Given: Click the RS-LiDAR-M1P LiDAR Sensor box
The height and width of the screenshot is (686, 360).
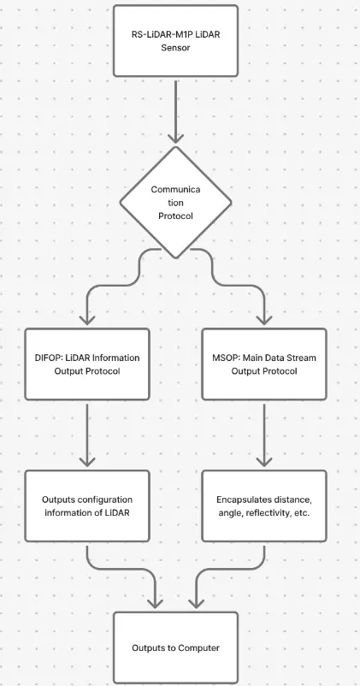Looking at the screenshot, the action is (175, 41).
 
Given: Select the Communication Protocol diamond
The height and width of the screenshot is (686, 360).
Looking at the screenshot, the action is (175, 202).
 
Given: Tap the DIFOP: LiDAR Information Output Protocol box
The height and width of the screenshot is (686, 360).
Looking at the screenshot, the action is (87, 364).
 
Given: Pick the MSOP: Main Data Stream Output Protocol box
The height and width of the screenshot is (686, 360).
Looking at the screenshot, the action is (264, 364).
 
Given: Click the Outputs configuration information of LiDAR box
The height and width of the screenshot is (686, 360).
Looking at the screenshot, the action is (87, 506).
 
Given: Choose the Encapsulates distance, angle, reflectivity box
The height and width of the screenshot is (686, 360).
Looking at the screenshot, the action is (264, 506).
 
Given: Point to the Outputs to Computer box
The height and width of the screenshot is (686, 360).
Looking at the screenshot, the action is (175, 648).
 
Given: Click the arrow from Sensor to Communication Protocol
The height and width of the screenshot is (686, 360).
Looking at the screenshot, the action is (175, 112).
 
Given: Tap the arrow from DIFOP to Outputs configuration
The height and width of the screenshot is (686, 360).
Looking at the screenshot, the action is (87, 435).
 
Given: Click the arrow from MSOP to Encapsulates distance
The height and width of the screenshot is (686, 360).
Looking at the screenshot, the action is (264, 435).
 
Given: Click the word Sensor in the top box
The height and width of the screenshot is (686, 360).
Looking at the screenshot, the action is (175, 48).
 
